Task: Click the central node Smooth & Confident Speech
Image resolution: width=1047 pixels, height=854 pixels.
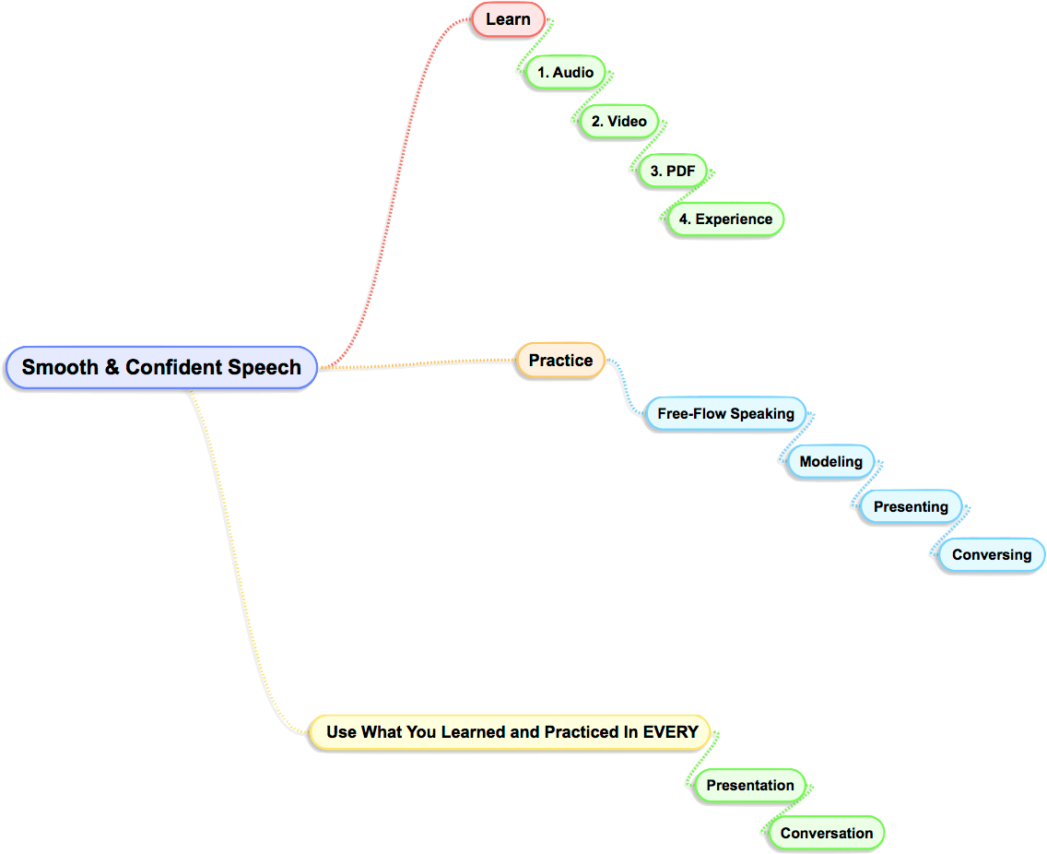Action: pos(161,367)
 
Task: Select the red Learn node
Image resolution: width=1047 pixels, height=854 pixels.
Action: pos(508,19)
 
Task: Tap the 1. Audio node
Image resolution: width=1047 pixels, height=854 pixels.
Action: pos(566,72)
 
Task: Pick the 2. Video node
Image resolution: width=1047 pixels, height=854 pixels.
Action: pos(618,121)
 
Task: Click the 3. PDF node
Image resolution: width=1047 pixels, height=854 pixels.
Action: pos(673,171)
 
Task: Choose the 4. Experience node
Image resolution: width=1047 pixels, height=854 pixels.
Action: pos(725,219)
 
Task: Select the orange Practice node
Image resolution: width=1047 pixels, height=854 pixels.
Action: pos(560,361)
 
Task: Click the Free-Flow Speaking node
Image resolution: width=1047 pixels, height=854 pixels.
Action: pos(725,413)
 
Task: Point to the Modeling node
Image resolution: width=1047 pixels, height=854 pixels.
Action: pos(830,461)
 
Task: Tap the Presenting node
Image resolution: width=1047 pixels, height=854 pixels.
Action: pos(911,506)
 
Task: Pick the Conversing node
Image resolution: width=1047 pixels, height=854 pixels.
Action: pos(991,554)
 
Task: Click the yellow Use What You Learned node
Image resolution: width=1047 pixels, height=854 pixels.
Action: pos(512,732)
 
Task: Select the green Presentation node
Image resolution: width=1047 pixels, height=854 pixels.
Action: pos(749,785)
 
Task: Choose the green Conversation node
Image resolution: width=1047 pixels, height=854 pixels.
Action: pos(826,833)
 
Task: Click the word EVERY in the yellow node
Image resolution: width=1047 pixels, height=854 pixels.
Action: pos(670,732)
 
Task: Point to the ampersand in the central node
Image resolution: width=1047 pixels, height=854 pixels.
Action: pos(111,367)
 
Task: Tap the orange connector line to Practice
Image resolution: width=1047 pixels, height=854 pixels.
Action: pos(415,365)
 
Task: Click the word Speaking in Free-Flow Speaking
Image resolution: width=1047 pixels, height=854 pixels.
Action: pos(761,413)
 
